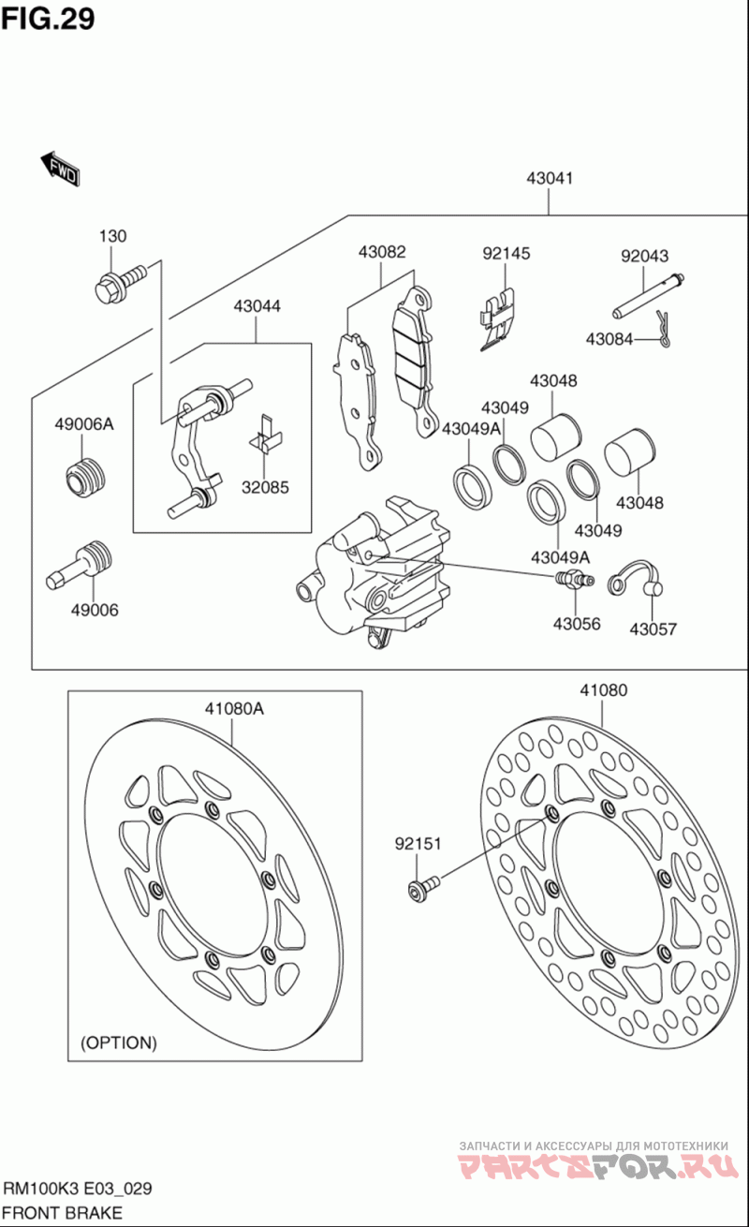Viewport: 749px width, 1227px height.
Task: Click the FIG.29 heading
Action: pyautogui.click(x=48, y=19)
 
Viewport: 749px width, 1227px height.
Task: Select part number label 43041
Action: pyautogui.click(x=550, y=178)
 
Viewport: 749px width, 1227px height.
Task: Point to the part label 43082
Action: pyautogui.click(x=382, y=252)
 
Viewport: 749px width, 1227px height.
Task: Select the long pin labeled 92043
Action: pyautogui.click(x=649, y=294)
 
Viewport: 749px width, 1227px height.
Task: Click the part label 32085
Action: pyautogui.click(x=265, y=487)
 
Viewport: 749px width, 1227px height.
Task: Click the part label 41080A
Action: pyautogui.click(x=235, y=708)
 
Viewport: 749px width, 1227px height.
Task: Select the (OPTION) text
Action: pyautogui.click(x=119, y=1042)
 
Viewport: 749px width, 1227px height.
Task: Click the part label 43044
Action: pyautogui.click(x=257, y=306)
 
